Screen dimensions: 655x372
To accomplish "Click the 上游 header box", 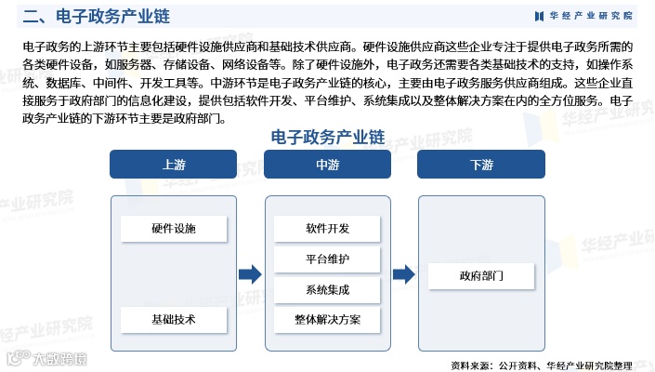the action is pyautogui.click(x=174, y=165).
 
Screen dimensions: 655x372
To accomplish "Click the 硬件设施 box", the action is pyautogui.click(x=174, y=228).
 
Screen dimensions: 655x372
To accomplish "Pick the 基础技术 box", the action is pyautogui.click(x=174, y=319).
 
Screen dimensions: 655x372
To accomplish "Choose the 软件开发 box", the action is pyautogui.click(x=327, y=228).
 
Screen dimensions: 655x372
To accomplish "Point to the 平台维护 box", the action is pyautogui.click(x=327, y=259).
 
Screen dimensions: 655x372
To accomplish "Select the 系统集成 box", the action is pyautogui.click(x=327, y=289).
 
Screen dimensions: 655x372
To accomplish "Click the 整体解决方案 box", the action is pyautogui.click(x=327, y=320).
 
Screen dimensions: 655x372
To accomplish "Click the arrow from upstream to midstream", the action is pyautogui.click(x=250, y=274).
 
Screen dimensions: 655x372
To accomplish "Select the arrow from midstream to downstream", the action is pyautogui.click(x=403, y=274).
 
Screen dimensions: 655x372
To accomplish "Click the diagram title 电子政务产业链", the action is pyautogui.click(x=327, y=136).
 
